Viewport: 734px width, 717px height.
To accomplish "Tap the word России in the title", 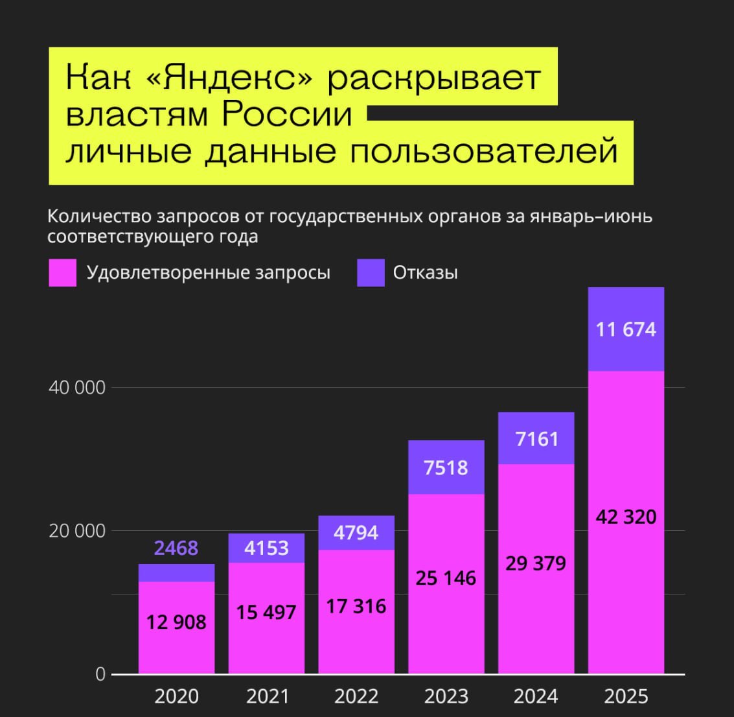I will point(287,115).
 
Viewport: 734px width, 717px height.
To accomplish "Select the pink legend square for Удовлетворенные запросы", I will point(62,273).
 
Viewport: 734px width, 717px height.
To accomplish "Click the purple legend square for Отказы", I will point(371,273).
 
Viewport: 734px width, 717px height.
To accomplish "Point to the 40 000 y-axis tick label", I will point(76,388).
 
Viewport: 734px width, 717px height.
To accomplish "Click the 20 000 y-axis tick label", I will point(76,531).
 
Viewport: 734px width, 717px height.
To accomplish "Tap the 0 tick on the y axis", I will point(100,674).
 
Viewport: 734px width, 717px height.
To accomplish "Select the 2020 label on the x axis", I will point(176,696).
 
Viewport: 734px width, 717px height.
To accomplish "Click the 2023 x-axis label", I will point(446,696).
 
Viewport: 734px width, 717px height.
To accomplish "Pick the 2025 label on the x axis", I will point(626,696).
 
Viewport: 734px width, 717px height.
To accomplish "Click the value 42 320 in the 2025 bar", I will point(626,517).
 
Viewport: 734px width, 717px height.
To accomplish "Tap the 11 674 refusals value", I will point(626,329).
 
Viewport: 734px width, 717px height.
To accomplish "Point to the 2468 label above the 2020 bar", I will point(176,548).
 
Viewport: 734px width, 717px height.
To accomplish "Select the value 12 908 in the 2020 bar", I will point(176,622).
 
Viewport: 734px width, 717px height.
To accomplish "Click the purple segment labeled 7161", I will point(536,439).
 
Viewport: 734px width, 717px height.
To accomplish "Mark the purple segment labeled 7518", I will point(446,467).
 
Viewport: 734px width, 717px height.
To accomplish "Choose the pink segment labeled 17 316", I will point(356,606).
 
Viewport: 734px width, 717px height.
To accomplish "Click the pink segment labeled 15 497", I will point(266,612).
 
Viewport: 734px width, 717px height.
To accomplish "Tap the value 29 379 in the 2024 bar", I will point(536,563).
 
